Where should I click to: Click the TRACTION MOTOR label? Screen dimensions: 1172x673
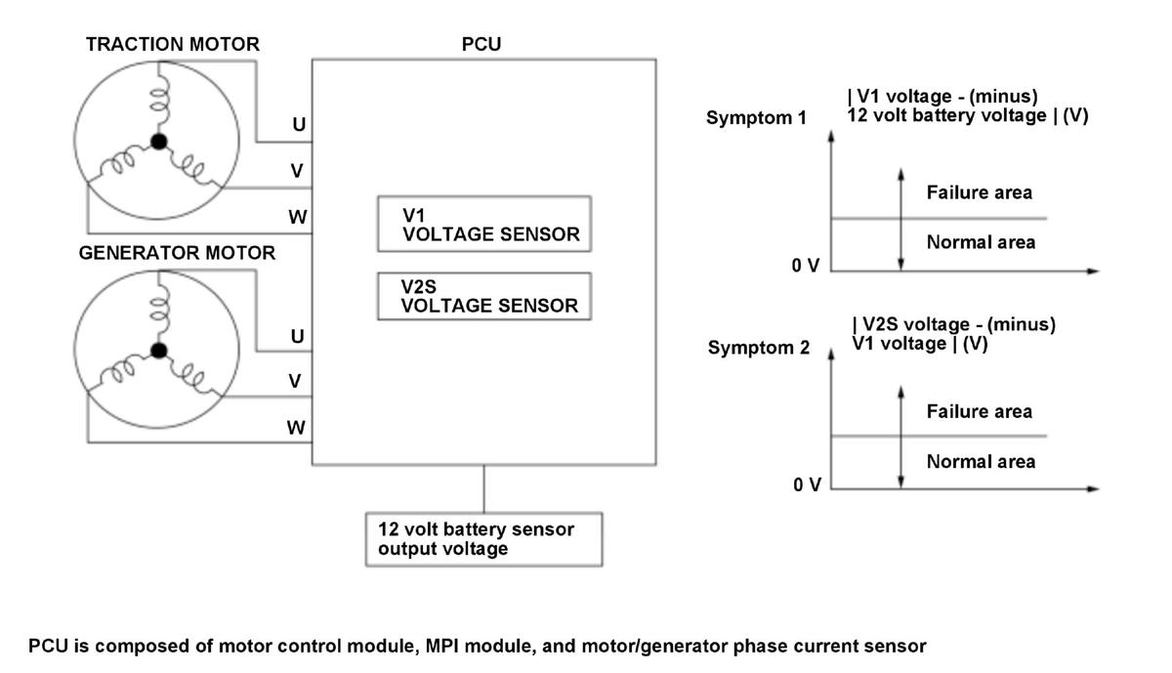point(173,44)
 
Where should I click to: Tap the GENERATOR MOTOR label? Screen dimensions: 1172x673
point(177,253)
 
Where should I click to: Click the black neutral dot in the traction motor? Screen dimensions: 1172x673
point(159,142)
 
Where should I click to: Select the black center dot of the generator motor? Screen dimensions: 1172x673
point(159,350)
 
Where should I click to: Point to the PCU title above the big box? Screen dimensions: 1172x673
point(481,44)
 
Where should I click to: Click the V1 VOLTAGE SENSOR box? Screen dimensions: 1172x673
point(484,224)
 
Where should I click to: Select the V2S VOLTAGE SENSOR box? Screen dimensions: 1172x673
point(484,296)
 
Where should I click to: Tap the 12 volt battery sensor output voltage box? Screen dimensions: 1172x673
point(484,539)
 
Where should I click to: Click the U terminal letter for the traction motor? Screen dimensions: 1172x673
point(299,125)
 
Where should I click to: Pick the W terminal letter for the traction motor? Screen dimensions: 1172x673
point(298,217)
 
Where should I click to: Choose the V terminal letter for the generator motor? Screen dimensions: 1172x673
point(295,381)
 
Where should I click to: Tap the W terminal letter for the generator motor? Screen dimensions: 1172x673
point(296,428)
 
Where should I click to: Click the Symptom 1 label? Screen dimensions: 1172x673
point(757,118)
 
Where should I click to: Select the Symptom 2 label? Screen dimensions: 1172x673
point(759,348)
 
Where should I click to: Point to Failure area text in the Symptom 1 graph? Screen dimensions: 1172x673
point(980,192)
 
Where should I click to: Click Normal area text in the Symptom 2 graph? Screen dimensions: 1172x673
point(981,462)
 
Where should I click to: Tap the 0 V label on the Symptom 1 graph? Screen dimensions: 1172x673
point(806,266)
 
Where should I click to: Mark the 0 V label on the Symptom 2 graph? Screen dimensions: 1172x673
point(808,485)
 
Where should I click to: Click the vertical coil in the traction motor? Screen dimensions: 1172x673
point(160,99)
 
